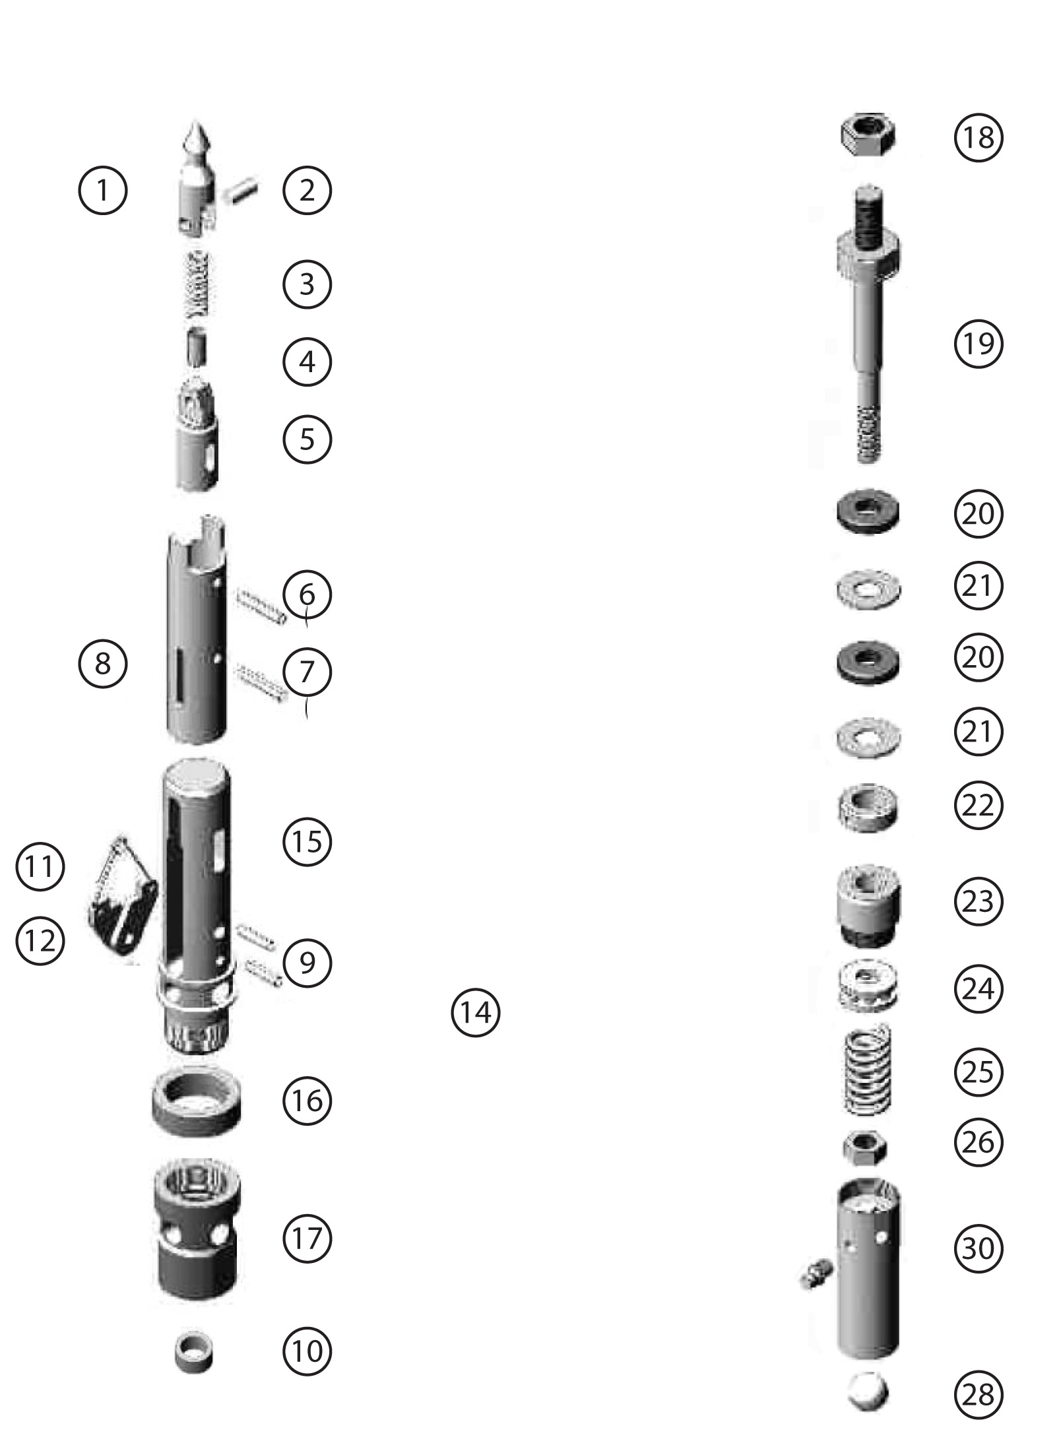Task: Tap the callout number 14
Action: pos(475,1012)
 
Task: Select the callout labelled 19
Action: pos(978,343)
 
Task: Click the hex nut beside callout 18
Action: pos(867,137)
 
